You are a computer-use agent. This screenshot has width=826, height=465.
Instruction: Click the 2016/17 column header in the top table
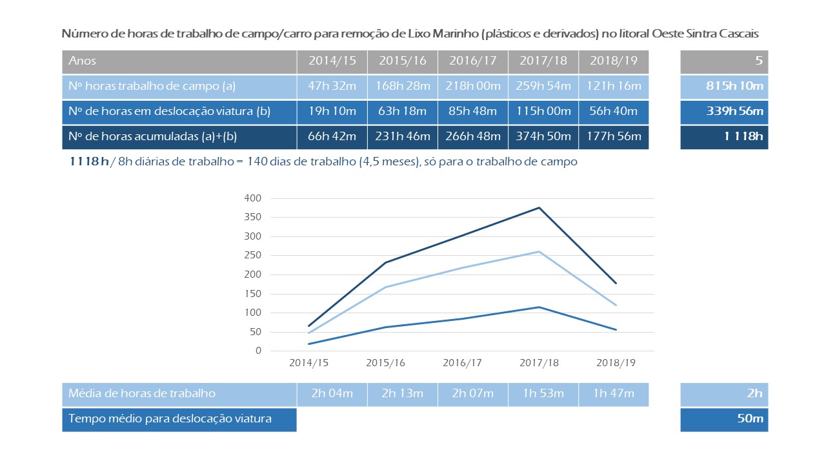pos(473,61)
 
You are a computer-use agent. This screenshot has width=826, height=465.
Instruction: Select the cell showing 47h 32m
pos(332,87)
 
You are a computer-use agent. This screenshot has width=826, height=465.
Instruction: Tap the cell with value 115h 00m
pos(543,112)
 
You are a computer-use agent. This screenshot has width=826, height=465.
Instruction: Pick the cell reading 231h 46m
pos(403,137)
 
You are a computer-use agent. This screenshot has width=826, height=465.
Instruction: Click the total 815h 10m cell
pos(724,87)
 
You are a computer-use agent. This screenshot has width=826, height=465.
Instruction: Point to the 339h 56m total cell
pos(724,112)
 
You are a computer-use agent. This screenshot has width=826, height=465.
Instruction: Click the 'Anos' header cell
pos(83,61)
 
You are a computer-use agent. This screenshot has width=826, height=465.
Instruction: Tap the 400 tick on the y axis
pos(252,198)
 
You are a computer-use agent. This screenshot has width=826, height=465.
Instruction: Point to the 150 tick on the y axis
pos(252,294)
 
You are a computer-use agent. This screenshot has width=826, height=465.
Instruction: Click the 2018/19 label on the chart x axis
pos(616,363)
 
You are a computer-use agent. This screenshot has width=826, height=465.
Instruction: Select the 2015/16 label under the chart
pos(386,363)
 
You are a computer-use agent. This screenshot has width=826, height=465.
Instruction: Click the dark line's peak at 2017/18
pos(539,208)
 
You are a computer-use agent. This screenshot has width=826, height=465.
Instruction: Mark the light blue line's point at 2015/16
pos(386,287)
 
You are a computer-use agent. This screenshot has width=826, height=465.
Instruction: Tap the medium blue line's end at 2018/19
pos(616,329)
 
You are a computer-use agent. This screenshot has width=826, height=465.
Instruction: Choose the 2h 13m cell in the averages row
pos(403,393)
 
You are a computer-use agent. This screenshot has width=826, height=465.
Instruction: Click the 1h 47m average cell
pos(614,393)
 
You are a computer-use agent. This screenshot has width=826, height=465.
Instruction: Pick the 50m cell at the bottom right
pos(750,419)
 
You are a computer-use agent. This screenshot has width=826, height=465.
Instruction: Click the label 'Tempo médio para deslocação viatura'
pos(170,419)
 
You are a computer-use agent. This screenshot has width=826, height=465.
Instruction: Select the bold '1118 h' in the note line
pos(89,162)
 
